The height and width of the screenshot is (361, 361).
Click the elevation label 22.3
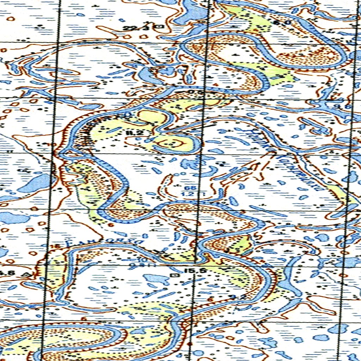point(133,28)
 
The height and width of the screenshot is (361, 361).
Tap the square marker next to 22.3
point(160,26)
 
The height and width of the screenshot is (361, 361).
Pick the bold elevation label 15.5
point(190,271)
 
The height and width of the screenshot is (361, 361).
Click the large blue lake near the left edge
point(35,183)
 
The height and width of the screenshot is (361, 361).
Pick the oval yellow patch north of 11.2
point(152,116)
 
